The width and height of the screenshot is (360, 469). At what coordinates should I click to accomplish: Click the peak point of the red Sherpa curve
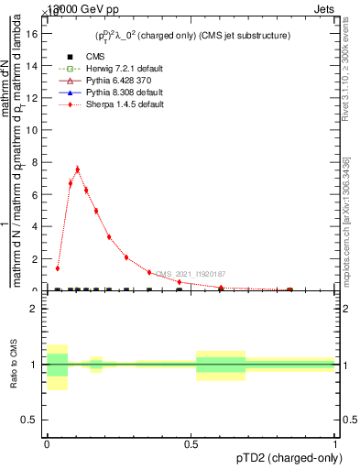(77, 169)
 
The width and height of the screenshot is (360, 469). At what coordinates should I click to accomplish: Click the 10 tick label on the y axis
(34, 130)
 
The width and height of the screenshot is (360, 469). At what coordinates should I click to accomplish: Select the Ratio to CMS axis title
(14, 365)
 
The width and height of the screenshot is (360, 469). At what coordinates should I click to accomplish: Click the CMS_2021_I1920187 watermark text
(190, 274)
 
